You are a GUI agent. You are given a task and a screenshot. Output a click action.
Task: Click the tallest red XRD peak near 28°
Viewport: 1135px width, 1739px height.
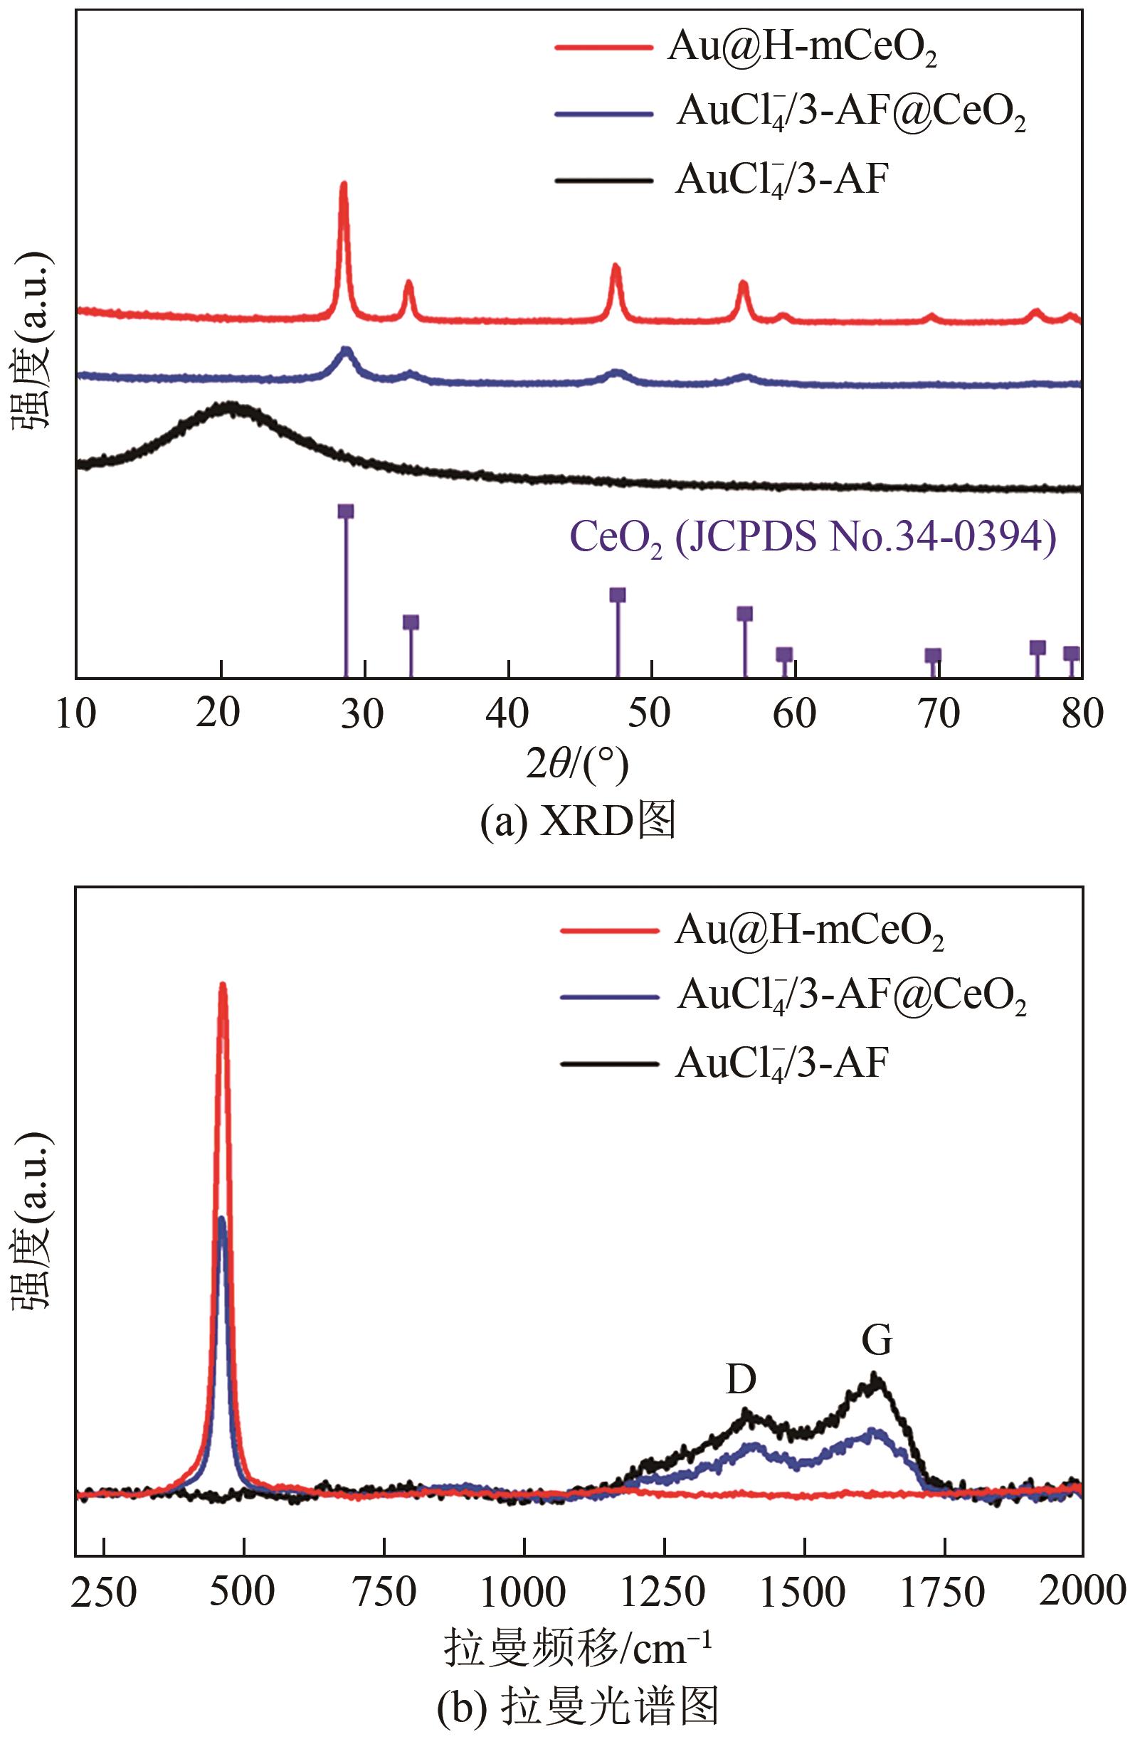click(344, 186)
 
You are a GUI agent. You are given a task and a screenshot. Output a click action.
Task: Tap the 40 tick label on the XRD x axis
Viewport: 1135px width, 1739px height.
click(507, 713)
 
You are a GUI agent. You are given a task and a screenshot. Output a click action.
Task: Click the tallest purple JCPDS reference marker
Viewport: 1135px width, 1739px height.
click(346, 511)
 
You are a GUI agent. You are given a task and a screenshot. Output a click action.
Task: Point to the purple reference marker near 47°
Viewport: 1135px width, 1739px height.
click(618, 595)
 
